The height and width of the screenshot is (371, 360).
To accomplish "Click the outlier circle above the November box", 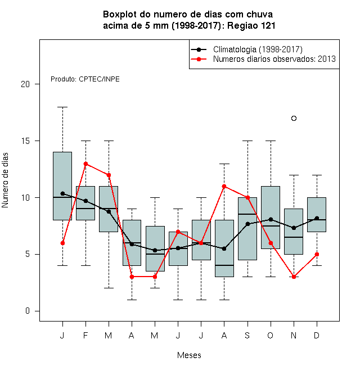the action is tap(294, 118).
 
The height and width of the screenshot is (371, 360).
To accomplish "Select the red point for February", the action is tap(85, 164).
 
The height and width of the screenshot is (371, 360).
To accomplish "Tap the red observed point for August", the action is tap(224, 187).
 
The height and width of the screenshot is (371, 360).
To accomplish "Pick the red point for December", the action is tap(317, 254).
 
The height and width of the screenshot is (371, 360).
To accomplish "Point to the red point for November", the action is tap(294, 277).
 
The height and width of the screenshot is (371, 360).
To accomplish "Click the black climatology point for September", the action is tap(247, 224).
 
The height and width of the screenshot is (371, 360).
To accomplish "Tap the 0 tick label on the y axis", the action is tap(28, 311).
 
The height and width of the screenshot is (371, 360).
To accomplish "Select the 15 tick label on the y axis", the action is tap(25, 141).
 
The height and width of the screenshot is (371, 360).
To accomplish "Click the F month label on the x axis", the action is tap(85, 335).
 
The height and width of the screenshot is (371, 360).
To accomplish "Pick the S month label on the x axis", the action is tap(247, 335).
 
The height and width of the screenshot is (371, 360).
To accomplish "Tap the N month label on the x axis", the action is tap(294, 335).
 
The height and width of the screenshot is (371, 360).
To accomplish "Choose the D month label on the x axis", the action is tap(317, 335).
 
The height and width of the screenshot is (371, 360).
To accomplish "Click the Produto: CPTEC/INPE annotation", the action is tap(85, 79).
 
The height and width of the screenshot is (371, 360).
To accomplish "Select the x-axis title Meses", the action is tap(189, 355).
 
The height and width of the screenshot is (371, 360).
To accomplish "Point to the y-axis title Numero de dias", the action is tap(5, 180).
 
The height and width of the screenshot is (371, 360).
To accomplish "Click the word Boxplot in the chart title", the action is tap(120, 15).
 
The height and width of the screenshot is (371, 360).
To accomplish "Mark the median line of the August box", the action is tap(224, 265).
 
